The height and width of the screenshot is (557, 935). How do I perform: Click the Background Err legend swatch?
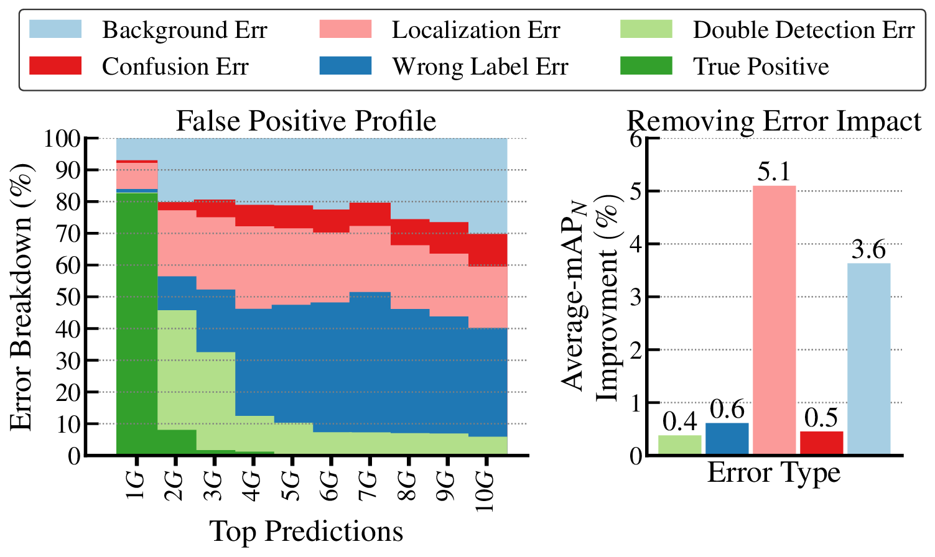(x=55, y=29)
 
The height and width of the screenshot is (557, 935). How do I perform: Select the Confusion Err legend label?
(x=175, y=67)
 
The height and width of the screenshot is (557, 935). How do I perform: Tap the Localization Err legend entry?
(x=475, y=30)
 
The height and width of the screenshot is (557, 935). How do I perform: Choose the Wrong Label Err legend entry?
(x=480, y=67)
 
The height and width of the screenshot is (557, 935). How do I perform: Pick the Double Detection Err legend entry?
(x=803, y=30)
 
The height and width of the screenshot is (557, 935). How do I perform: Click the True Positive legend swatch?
(x=646, y=66)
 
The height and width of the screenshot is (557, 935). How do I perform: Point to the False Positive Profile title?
(x=305, y=121)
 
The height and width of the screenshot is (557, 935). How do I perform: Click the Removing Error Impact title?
(x=773, y=121)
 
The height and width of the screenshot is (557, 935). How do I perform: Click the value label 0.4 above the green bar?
(x=679, y=422)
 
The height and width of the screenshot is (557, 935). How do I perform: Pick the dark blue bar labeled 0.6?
(x=727, y=439)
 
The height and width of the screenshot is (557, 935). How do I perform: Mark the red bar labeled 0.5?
(x=821, y=443)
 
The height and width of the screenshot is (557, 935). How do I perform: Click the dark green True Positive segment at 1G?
(x=137, y=323)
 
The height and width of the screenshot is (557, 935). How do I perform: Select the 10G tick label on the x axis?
(x=485, y=491)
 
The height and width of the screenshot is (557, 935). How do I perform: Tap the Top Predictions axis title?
(x=305, y=532)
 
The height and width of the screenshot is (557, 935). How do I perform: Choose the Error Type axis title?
(x=773, y=473)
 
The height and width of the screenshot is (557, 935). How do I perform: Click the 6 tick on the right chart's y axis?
(x=635, y=138)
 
